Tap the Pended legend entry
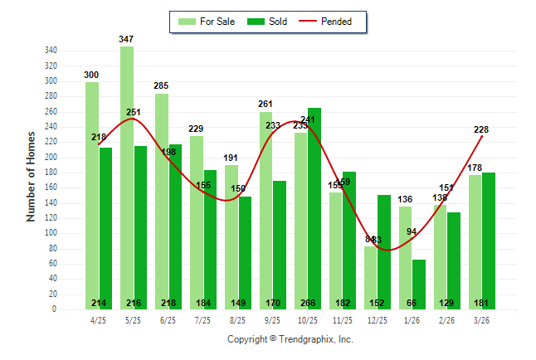333,22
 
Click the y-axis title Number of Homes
31,176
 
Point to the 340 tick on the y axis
51,51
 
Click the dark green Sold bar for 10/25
314,207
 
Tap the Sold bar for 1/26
419,284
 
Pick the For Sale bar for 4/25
92,195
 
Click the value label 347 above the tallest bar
127,39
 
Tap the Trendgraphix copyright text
290,339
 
